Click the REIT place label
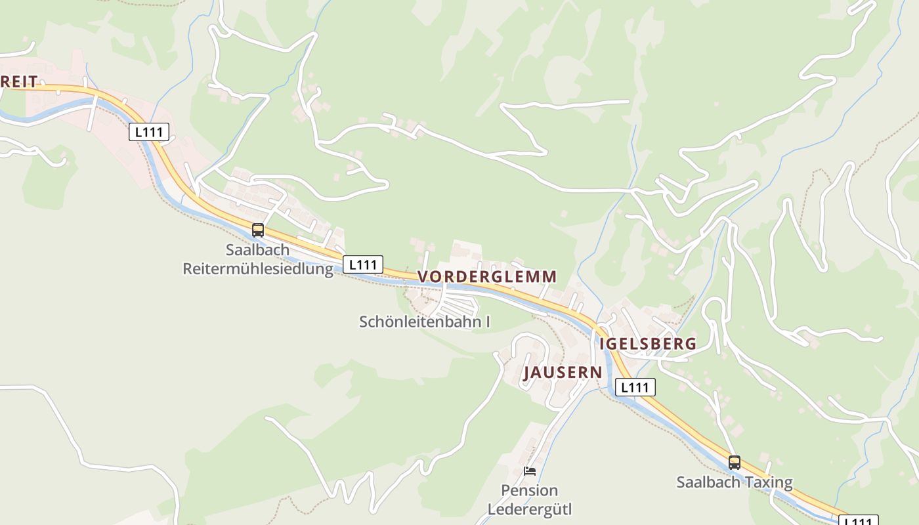(x=19, y=82)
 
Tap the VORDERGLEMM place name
(x=487, y=276)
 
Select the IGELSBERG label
(x=648, y=343)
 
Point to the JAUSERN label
(x=563, y=372)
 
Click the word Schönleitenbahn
(x=419, y=322)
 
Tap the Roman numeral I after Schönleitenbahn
(x=487, y=322)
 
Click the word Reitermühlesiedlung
(x=258, y=268)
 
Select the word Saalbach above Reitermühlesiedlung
(x=257, y=250)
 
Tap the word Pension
(x=529, y=490)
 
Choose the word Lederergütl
(x=529, y=509)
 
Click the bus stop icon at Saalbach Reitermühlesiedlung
(x=258, y=230)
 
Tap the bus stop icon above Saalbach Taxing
(x=734, y=463)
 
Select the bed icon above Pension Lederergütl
(x=529, y=471)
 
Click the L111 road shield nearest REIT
(x=148, y=132)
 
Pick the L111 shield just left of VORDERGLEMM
(x=362, y=264)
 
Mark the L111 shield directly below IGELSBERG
(x=635, y=387)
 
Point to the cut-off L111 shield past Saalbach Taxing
(x=859, y=520)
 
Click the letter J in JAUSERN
(x=527, y=373)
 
